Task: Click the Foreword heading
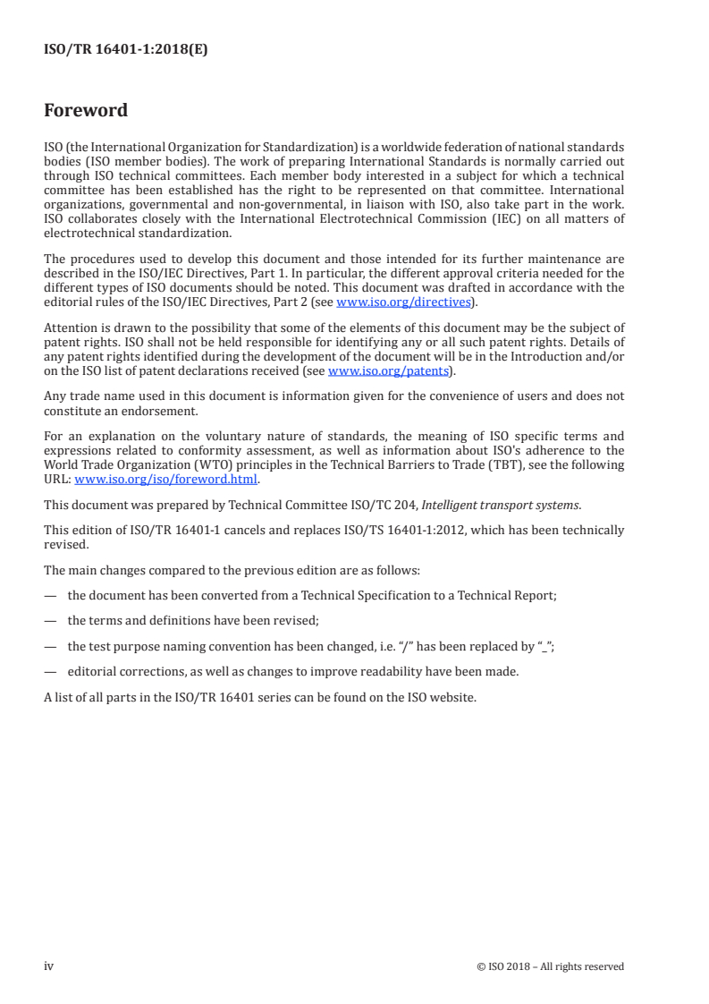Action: tap(86, 111)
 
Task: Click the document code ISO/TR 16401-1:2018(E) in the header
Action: tap(125, 50)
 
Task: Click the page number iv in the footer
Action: tap(48, 966)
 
